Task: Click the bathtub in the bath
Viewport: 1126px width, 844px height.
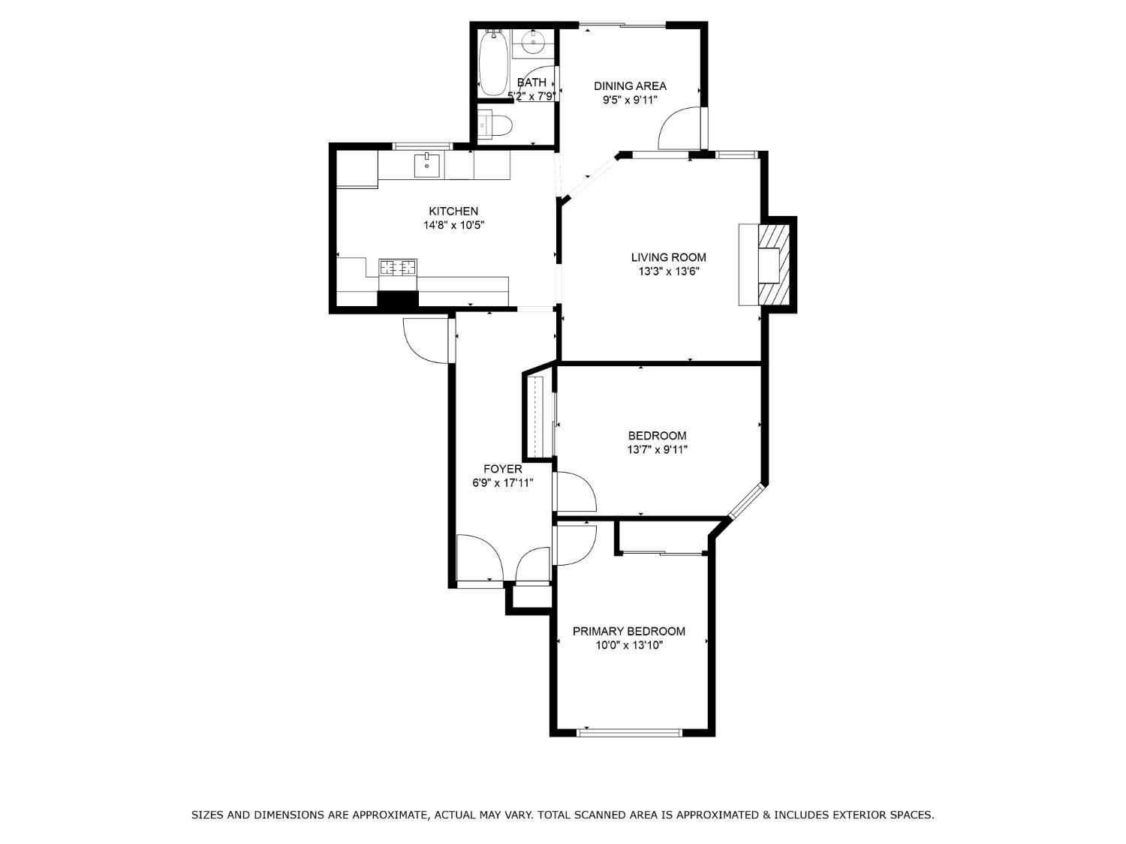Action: tap(494, 63)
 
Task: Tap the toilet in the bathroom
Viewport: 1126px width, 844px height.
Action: tap(496, 125)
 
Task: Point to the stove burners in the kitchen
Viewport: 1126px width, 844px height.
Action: tap(398, 266)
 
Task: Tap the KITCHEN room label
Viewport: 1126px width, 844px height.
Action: tap(453, 211)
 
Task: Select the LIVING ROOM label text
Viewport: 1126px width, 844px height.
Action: tap(668, 257)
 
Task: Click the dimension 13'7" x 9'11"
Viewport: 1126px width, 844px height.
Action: tap(658, 450)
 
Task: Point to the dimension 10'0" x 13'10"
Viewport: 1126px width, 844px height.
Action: tap(629, 645)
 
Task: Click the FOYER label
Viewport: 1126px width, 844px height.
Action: tap(502, 469)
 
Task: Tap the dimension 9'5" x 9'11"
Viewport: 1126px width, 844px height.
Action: tap(630, 99)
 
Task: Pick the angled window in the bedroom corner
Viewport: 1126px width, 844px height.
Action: tap(747, 501)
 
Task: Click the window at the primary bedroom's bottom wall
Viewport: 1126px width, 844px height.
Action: tap(630, 731)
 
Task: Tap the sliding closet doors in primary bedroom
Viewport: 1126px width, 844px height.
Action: tap(662, 554)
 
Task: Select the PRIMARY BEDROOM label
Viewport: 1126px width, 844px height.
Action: tap(629, 631)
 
